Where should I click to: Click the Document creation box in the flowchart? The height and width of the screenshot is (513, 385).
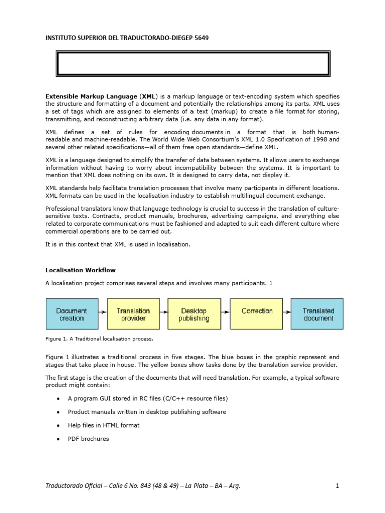(72, 314)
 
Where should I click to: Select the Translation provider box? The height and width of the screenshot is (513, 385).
(133, 314)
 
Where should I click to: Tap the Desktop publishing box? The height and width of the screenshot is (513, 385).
(194, 314)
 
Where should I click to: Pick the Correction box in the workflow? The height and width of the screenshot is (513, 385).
(257, 314)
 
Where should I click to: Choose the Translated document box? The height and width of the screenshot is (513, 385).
(318, 314)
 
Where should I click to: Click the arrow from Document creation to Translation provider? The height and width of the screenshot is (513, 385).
(102, 312)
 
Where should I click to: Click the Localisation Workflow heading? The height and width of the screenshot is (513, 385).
(80, 270)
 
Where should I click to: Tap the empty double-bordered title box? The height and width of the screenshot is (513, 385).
(192, 64)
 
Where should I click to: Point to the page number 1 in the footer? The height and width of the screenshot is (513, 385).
(337, 486)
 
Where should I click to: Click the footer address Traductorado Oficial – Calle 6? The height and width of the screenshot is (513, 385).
(143, 486)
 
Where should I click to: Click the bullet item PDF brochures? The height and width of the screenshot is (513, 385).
(88, 439)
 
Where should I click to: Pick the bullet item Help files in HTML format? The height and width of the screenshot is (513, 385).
(103, 425)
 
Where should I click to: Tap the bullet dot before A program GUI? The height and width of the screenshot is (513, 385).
(58, 399)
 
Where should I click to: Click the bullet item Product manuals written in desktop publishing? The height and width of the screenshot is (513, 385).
(146, 412)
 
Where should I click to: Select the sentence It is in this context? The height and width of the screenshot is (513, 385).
(118, 244)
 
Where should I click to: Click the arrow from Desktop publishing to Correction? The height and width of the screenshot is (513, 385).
(225, 312)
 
